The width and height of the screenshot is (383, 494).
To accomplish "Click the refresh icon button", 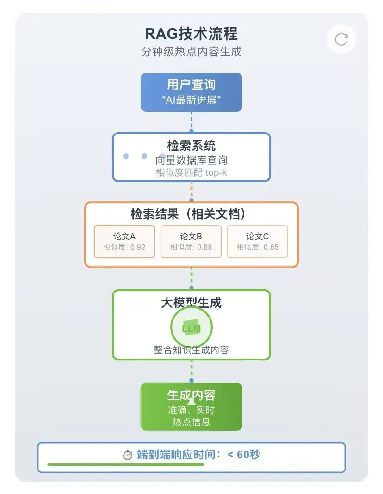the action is [x=341, y=39].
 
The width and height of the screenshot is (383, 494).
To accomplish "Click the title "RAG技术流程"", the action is [x=191, y=34].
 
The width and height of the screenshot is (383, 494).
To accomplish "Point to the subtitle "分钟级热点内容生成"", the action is [x=191, y=51].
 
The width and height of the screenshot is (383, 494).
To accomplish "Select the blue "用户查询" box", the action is [x=191, y=92].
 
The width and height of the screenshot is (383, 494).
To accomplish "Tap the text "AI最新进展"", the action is [x=191, y=100].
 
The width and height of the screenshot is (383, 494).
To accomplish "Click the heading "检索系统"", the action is [x=191, y=146].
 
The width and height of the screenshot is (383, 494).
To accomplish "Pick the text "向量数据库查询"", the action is [x=191, y=160].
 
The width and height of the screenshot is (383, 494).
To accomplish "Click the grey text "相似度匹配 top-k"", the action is [x=191, y=172].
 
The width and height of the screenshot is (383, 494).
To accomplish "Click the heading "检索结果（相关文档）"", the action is [x=191, y=214].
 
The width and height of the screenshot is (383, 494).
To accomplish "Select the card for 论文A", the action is [x=124, y=241].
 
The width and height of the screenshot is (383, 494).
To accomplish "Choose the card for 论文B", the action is [x=191, y=241].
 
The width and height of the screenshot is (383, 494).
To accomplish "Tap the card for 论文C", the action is [x=258, y=241].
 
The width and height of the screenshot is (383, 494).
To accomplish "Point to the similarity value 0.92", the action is [x=138, y=247].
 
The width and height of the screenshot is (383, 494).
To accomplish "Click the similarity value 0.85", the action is [x=271, y=247].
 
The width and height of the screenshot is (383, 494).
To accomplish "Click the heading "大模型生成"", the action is [x=191, y=303].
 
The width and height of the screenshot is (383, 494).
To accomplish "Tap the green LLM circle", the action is [x=191, y=328].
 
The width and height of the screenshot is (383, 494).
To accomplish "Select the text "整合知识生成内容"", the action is [x=191, y=350].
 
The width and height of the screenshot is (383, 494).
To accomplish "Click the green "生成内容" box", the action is [x=191, y=407].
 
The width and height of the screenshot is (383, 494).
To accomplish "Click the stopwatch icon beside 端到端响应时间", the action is [x=128, y=455].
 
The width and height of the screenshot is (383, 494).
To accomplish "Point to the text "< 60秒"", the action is [x=244, y=455].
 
